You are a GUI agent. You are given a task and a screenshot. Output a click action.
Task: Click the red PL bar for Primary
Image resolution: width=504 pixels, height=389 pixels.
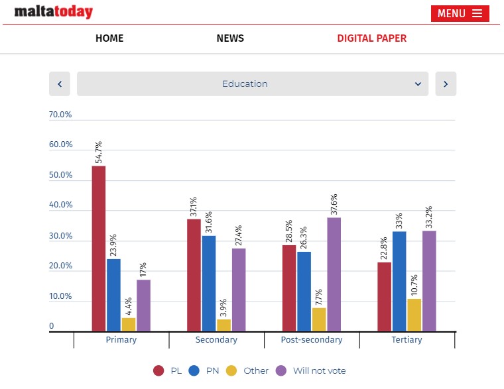click(99, 248)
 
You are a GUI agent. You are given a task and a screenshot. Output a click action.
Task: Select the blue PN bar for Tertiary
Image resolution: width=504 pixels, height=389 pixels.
click(399, 281)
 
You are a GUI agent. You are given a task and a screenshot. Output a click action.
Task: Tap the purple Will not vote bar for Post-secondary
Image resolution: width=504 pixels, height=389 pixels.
click(334, 274)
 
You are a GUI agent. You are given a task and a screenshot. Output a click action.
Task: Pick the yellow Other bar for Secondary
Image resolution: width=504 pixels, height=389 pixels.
click(223, 325)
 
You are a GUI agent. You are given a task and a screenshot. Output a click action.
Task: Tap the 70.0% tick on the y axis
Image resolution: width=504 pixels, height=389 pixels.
click(60, 115)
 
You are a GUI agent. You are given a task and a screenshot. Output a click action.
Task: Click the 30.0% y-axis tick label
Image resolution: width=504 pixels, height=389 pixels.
click(60, 236)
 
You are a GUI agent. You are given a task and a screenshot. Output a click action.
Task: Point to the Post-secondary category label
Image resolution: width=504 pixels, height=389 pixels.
click(312, 340)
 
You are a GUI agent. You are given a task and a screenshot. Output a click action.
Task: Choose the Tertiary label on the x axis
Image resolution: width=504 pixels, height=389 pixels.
click(407, 340)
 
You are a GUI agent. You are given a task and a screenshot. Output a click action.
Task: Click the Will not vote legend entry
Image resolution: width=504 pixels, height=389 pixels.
click(311, 371)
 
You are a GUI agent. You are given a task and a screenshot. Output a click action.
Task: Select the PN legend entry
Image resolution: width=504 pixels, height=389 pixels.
click(204, 371)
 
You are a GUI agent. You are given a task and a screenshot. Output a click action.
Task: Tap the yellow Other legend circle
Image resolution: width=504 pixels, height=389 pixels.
click(231, 371)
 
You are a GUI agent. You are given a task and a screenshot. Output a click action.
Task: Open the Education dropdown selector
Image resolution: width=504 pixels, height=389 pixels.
click(253, 84)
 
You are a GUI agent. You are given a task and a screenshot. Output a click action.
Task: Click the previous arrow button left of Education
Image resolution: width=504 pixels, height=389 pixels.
click(60, 84)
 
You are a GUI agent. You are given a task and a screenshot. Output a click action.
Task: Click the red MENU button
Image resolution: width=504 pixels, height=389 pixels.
click(460, 13)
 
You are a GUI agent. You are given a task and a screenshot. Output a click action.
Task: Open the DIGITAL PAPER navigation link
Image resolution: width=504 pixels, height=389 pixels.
click(371, 38)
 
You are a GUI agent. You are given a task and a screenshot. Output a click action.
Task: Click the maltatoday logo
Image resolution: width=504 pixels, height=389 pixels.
click(54, 12)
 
